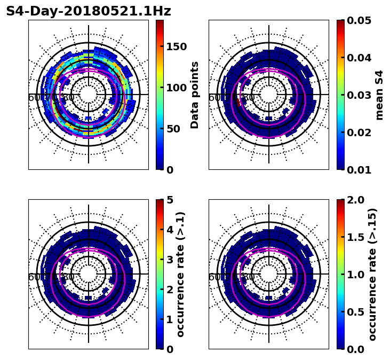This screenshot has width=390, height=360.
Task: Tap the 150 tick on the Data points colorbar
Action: pyautogui.click(x=176, y=46)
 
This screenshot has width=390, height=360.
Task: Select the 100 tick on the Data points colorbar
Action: pyautogui.click(x=176, y=88)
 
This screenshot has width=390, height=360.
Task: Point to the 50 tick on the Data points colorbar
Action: pyautogui.click(x=173, y=129)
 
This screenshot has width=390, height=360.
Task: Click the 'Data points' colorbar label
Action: pyautogui.click(x=195, y=95)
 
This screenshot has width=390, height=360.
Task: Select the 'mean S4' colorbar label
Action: pyautogui.click(x=379, y=95)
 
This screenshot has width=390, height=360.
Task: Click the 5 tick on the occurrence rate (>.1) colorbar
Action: pyautogui.click(x=170, y=200)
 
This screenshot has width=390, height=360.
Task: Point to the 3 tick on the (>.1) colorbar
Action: pyautogui.click(x=170, y=260)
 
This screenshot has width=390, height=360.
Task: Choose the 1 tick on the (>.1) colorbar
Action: pyautogui.click(x=170, y=319)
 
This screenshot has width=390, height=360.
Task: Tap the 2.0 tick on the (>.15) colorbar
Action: pyautogui.click(x=354, y=200)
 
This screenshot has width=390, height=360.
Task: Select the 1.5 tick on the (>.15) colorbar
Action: pyautogui.click(x=354, y=237)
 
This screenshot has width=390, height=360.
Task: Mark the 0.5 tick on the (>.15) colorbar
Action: pyautogui.click(x=354, y=312)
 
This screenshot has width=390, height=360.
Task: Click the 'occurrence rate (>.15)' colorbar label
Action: pyautogui.click(x=372, y=274)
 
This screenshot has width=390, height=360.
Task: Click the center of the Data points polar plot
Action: pyautogui.click(x=89, y=95)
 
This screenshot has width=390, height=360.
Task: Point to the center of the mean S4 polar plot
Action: pyautogui.click(x=269, y=95)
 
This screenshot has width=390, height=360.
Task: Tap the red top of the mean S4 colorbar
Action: pyautogui.click(x=340, y=22)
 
